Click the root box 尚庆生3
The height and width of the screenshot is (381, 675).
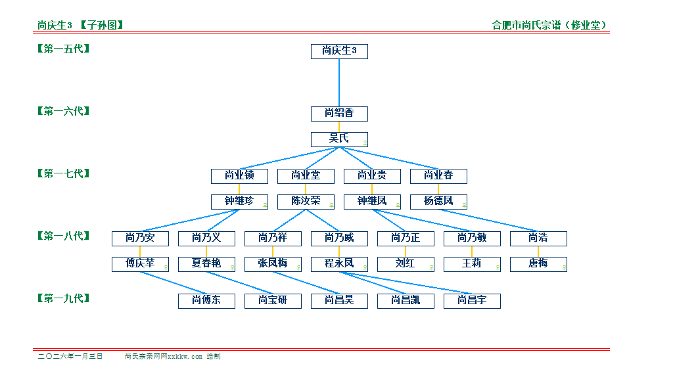(339, 51)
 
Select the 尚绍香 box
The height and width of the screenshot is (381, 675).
(339, 114)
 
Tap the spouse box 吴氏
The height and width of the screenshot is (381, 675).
(339, 139)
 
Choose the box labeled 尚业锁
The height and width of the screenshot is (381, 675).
(239, 176)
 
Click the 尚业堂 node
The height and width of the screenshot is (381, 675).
(306, 176)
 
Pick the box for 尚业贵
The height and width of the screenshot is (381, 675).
(372, 176)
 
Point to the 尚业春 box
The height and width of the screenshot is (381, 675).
(438, 176)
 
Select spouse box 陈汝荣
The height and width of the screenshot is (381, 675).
(306, 202)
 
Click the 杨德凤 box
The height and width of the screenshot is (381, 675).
(438, 202)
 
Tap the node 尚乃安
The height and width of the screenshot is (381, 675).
(140, 238)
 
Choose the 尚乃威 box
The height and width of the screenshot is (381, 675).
(339, 238)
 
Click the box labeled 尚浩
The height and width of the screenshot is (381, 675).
(538, 238)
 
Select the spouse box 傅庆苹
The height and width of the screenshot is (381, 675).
(140, 264)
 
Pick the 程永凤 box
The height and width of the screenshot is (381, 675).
(339, 264)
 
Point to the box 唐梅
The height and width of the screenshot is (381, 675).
(538, 264)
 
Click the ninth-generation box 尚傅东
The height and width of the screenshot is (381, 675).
(206, 301)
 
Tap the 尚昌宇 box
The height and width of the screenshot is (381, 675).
(472, 301)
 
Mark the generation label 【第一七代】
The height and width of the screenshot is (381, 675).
(64, 173)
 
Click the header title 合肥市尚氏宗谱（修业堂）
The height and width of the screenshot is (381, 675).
(549, 26)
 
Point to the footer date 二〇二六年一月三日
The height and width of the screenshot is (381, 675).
(70, 356)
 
